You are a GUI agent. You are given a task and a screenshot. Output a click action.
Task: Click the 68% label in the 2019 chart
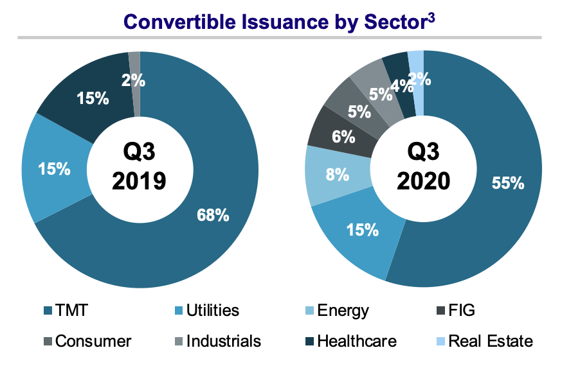[x=213, y=215]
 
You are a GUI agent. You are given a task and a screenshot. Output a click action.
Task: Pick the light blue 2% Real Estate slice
[x=417, y=80]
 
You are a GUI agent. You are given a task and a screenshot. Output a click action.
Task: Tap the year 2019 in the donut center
[x=139, y=181]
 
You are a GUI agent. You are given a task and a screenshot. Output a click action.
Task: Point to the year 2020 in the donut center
[x=423, y=181]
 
